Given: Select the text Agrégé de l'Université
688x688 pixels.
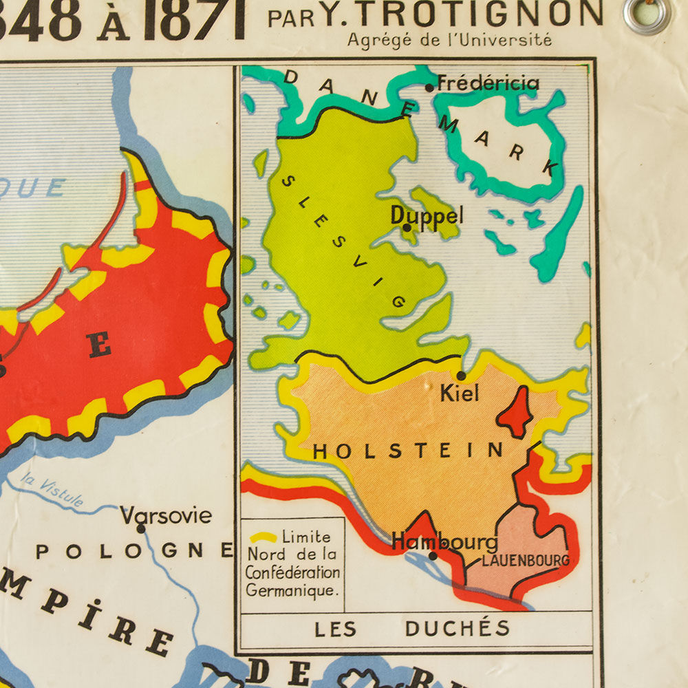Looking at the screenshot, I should click(x=449, y=40).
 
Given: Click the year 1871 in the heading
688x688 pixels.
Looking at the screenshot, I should click(x=194, y=19).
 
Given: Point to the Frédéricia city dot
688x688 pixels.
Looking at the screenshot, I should click(x=429, y=87).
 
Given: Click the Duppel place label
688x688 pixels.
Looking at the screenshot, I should click(x=427, y=215).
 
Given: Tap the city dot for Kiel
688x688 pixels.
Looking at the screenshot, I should click(x=461, y=376).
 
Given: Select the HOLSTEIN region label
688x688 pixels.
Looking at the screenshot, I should click(x=409, y=451).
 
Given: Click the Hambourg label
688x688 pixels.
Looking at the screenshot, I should click(x=444, y=541).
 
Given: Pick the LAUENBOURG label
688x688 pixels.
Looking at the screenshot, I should click(x=526, y=561).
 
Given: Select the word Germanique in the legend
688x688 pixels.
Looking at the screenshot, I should click(x=289, y=590).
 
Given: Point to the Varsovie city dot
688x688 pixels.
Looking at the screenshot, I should click(x=141, y=528).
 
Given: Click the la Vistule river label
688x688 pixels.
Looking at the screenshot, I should click(x=52, y=490).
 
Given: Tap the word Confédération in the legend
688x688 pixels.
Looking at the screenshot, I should click(x=292, y=572).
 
